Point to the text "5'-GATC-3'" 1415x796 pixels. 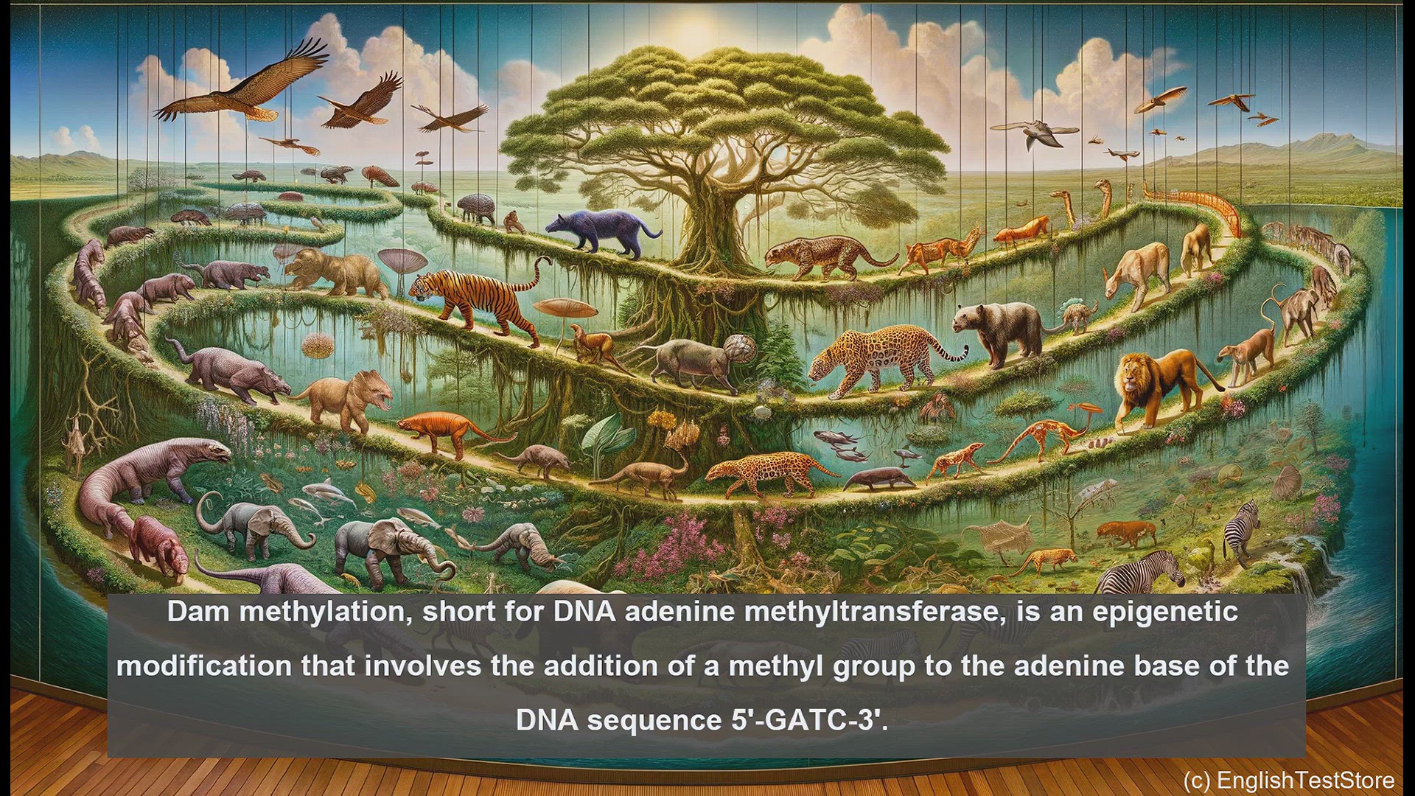pos(810,719)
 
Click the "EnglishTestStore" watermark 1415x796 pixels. pos(1305,780)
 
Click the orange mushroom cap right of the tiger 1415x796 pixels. pos(564,307)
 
